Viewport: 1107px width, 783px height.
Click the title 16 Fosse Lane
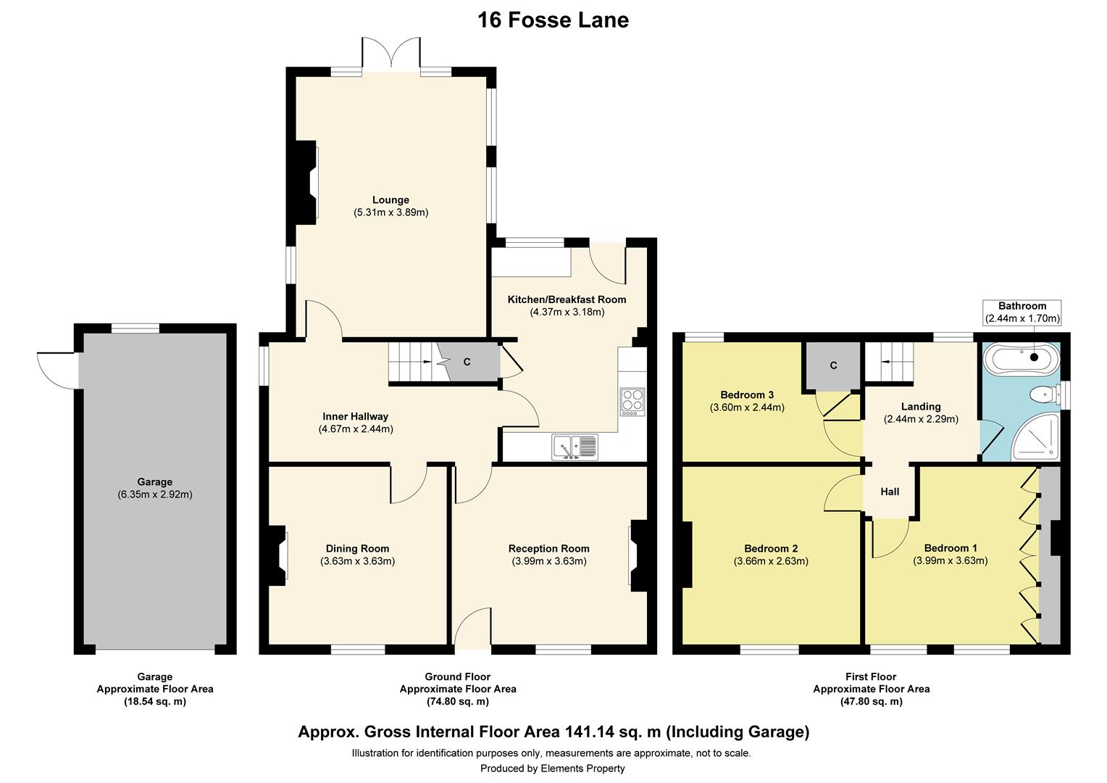click(x=553, y=20)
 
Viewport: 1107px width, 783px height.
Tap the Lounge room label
click(x=390, y=200)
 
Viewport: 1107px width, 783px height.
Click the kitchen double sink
click(x=575, y=446)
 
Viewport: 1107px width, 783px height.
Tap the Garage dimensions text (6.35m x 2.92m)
click(x=155, y=494)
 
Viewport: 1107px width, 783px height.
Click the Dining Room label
click(x=357, y=548)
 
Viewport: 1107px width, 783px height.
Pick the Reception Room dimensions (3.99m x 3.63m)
click(x=549, y=561)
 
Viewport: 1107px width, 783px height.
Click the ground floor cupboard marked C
click(x=467, y=362)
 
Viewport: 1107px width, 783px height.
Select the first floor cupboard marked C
click(x=833, y=365)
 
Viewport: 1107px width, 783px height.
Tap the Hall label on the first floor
click(x=890, y=492)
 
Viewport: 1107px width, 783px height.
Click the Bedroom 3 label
click(x=747, y=395)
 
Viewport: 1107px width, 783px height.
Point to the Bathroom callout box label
click(x=1022, y=306)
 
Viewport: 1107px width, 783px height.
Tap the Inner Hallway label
click(x=355, y=417)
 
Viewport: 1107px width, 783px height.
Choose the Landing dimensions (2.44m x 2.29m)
click(x=920, y=419)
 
